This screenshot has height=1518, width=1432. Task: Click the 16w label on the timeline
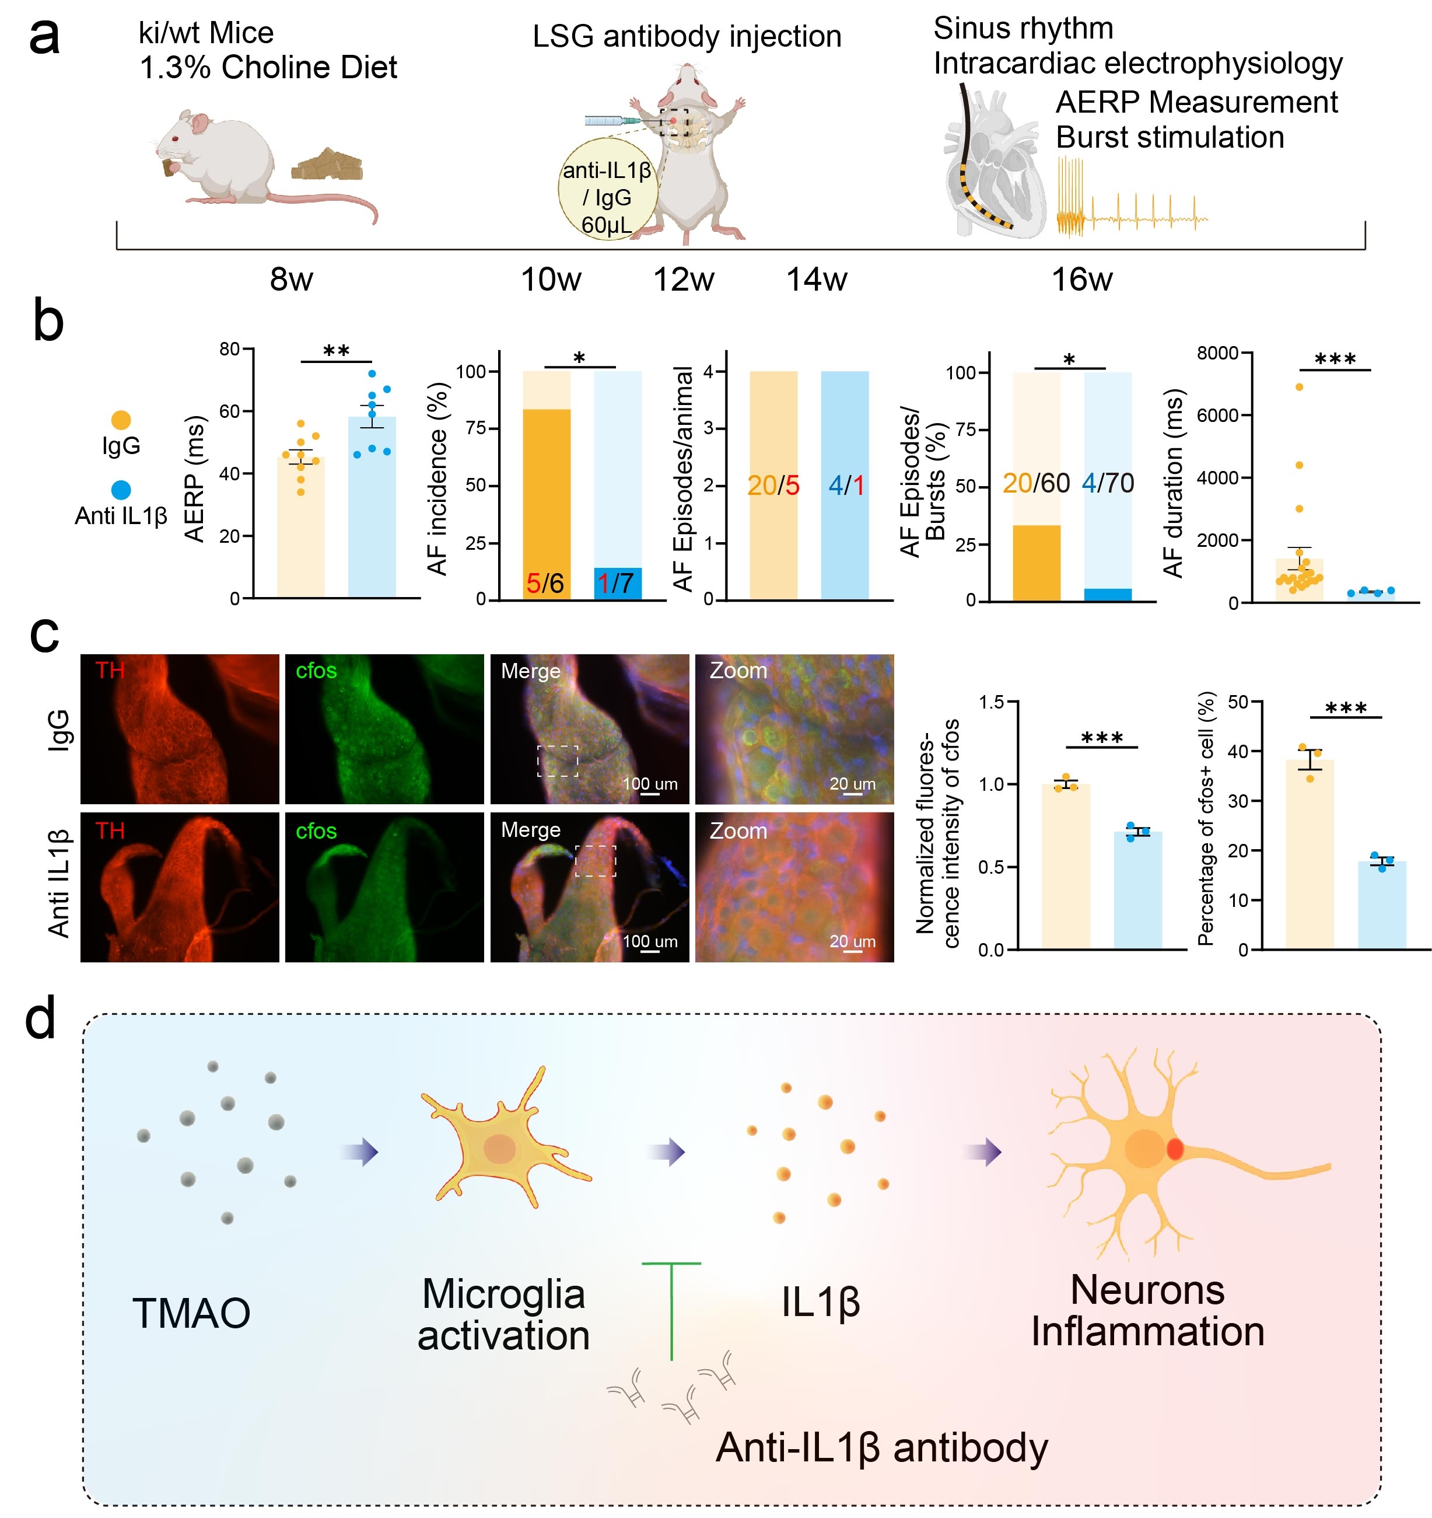[1081, 280]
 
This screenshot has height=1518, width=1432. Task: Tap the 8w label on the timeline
[291, 280]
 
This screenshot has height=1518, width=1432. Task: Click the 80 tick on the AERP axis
[229, 350]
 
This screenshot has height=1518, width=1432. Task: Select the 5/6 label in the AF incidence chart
[545, 584]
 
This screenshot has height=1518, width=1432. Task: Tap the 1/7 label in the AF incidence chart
[615, 584]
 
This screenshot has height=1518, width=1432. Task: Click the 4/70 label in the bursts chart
[1108, 483]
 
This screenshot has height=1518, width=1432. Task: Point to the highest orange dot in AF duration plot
[1298, 387]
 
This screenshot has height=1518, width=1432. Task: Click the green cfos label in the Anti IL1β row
[316, 830]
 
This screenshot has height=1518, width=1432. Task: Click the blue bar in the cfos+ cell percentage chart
[1382, 906]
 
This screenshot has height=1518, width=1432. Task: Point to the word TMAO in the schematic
[191, 1313]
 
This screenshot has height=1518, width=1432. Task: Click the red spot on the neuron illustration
[1175, 1149]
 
